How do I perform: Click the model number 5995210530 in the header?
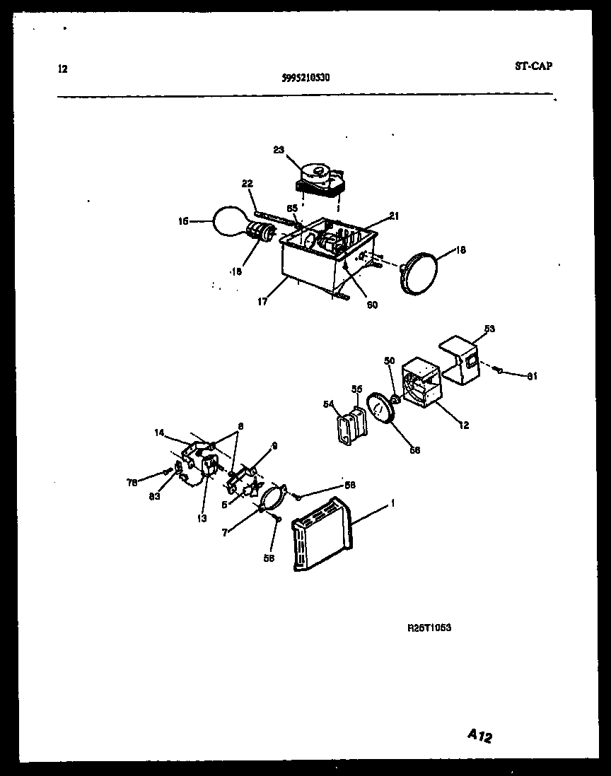tap(301, 79)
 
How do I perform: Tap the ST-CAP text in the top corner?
tap(534, 66)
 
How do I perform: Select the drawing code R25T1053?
tap(429, 626)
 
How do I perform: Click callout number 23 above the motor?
tap(278, 149)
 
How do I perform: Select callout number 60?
tap(372, 305)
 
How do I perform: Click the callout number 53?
tap(489, 329)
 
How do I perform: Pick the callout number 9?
tap(275, 446)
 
